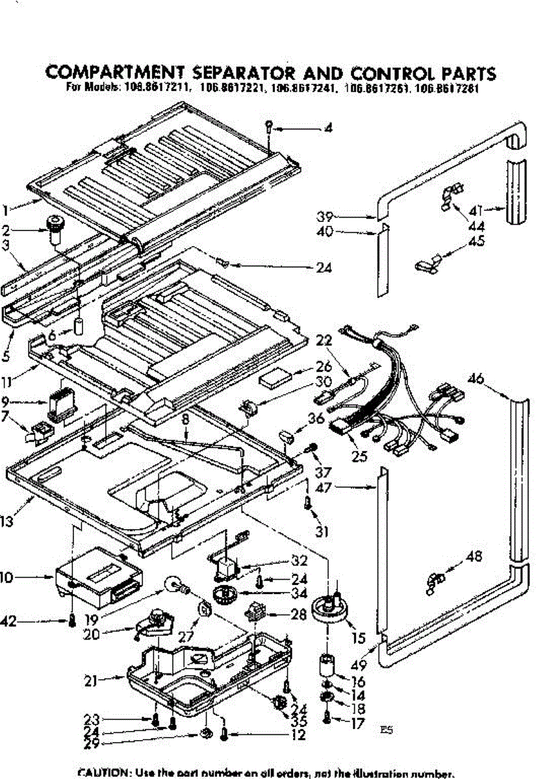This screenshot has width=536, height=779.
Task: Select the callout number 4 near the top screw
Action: coord(329,129)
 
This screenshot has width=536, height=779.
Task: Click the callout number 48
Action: coord(474,556)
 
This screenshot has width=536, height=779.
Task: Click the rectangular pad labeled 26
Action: coord(274,378)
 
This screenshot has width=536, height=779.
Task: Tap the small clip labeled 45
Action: coord(426,264)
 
